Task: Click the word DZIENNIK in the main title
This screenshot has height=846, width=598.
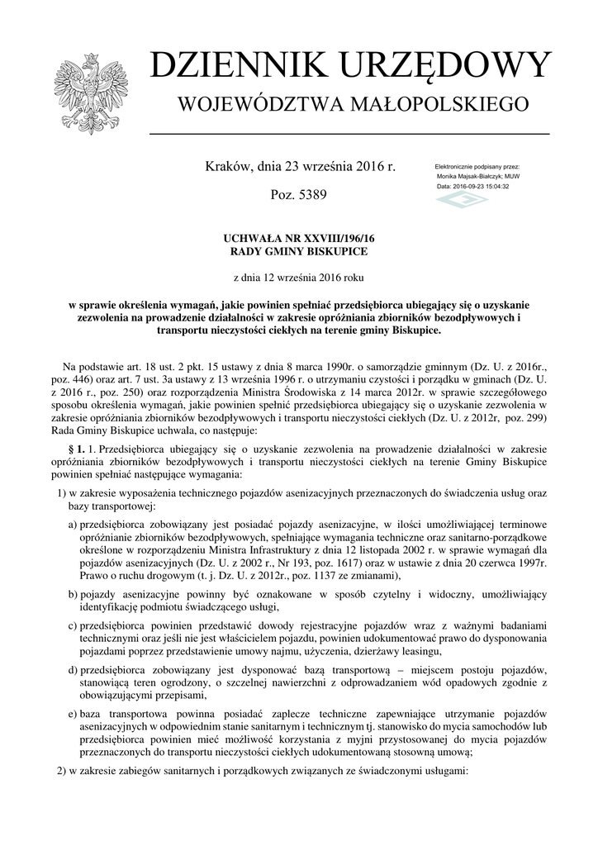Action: [x=235, y=66]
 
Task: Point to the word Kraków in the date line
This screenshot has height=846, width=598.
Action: [x=227, y=167]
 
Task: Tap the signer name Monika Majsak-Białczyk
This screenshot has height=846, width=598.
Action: [x=473, y=177]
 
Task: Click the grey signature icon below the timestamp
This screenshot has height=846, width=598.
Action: [x=462, y=200]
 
